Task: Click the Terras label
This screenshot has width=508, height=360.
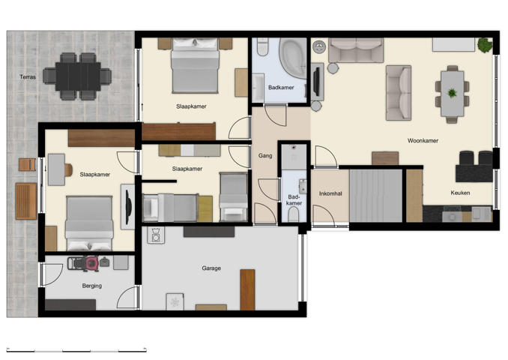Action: pyautogui.click(x=28, y=77)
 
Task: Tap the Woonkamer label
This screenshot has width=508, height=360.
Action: pyautogui.click(x=423, y=140)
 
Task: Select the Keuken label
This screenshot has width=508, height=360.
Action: pyautogui.click(x=460, y=193)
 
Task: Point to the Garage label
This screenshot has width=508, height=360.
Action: pyautogui.click(x=211, y=268)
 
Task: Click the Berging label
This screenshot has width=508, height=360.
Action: pyautogui.click(x=91, y=286)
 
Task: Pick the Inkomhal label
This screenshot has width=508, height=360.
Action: pyautogui.click(x=330, y=193)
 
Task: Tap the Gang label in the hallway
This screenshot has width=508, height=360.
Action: pyautogui.click(x=265, y=156)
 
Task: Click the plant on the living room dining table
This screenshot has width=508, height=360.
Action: pyautogui.click(x=452, y=93)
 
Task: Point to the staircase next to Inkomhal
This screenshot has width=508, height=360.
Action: pyautogui.click(x=376, y=195)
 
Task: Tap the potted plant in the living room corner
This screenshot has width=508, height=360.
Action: pyautogui.click(x=484, y=45)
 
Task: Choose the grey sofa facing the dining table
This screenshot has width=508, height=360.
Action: pyautogui.click(x=398, y=92)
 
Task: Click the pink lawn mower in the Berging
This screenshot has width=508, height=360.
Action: pyautogui.click(x=91, y=263)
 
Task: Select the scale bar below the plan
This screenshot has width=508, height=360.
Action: pyautogui.click(x=76, y=349)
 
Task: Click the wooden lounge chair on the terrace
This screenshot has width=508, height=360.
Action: pyautogui.click(x=25, y=200)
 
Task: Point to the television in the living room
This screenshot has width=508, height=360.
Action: pyautogui.click(x=316, y=82)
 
